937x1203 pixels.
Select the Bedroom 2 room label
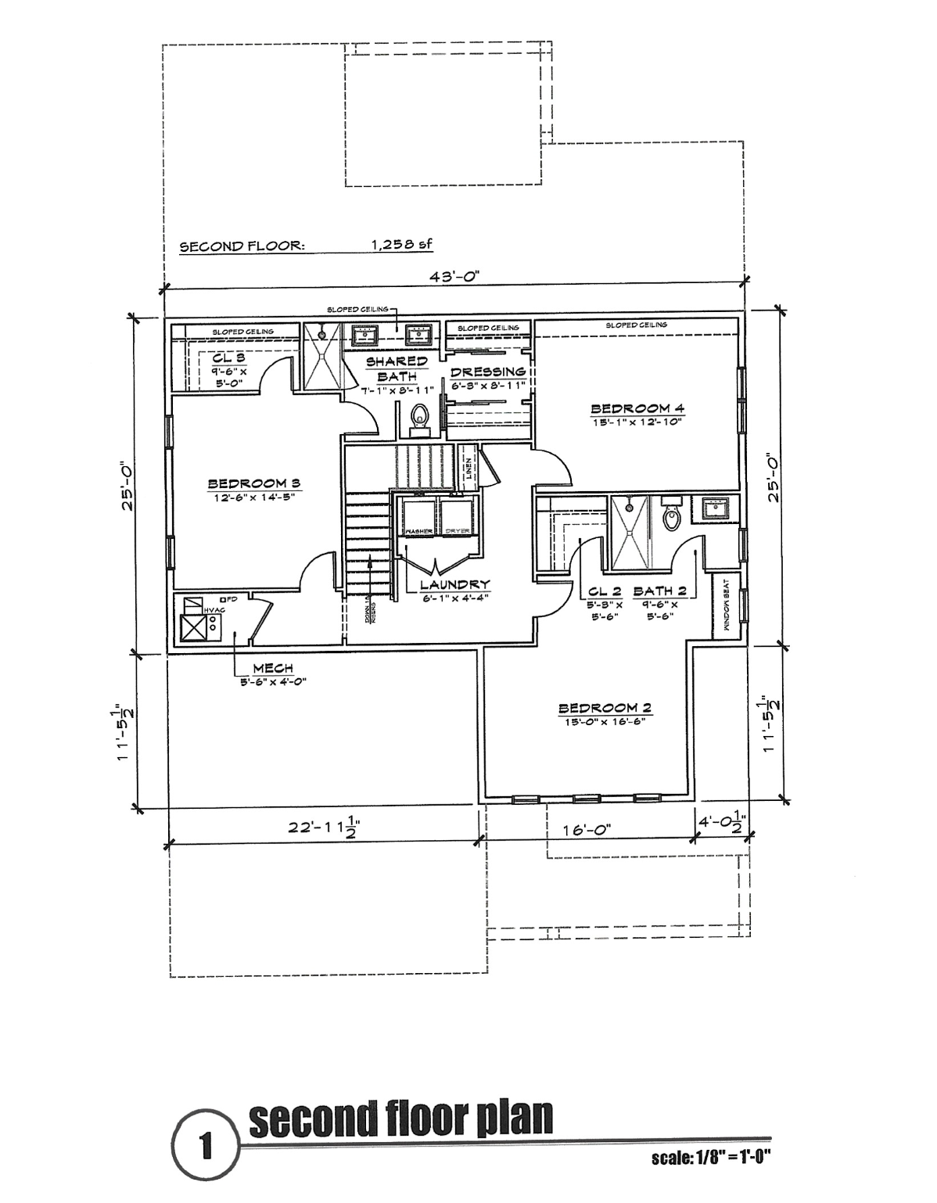click(605, 708)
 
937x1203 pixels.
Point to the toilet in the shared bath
click(420, 418)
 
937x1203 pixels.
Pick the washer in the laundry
click(419, 517)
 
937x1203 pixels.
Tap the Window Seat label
click(727, 606)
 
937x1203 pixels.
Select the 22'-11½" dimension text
click(323, 828)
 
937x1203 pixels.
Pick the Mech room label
click(273, 667)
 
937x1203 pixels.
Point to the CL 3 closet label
click(229, 358)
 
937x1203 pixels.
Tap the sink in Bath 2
click(716, 508)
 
